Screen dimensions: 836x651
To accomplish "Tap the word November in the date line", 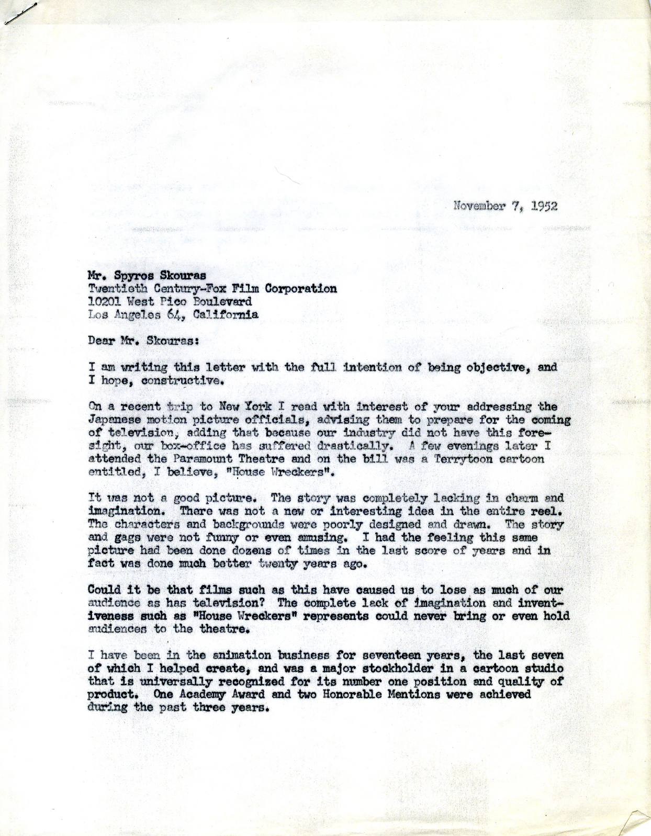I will pos(480,206).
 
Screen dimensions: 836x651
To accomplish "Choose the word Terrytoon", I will pos(470,459).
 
